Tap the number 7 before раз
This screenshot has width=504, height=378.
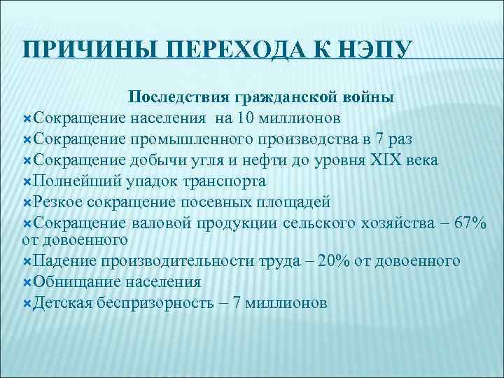click(362, 137)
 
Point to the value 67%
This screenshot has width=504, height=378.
click(470, 223)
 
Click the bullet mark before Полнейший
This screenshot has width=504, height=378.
click(27, 181)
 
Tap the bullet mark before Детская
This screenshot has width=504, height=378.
click(27, 303)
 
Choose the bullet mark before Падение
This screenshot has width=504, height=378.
click(27, 261)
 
